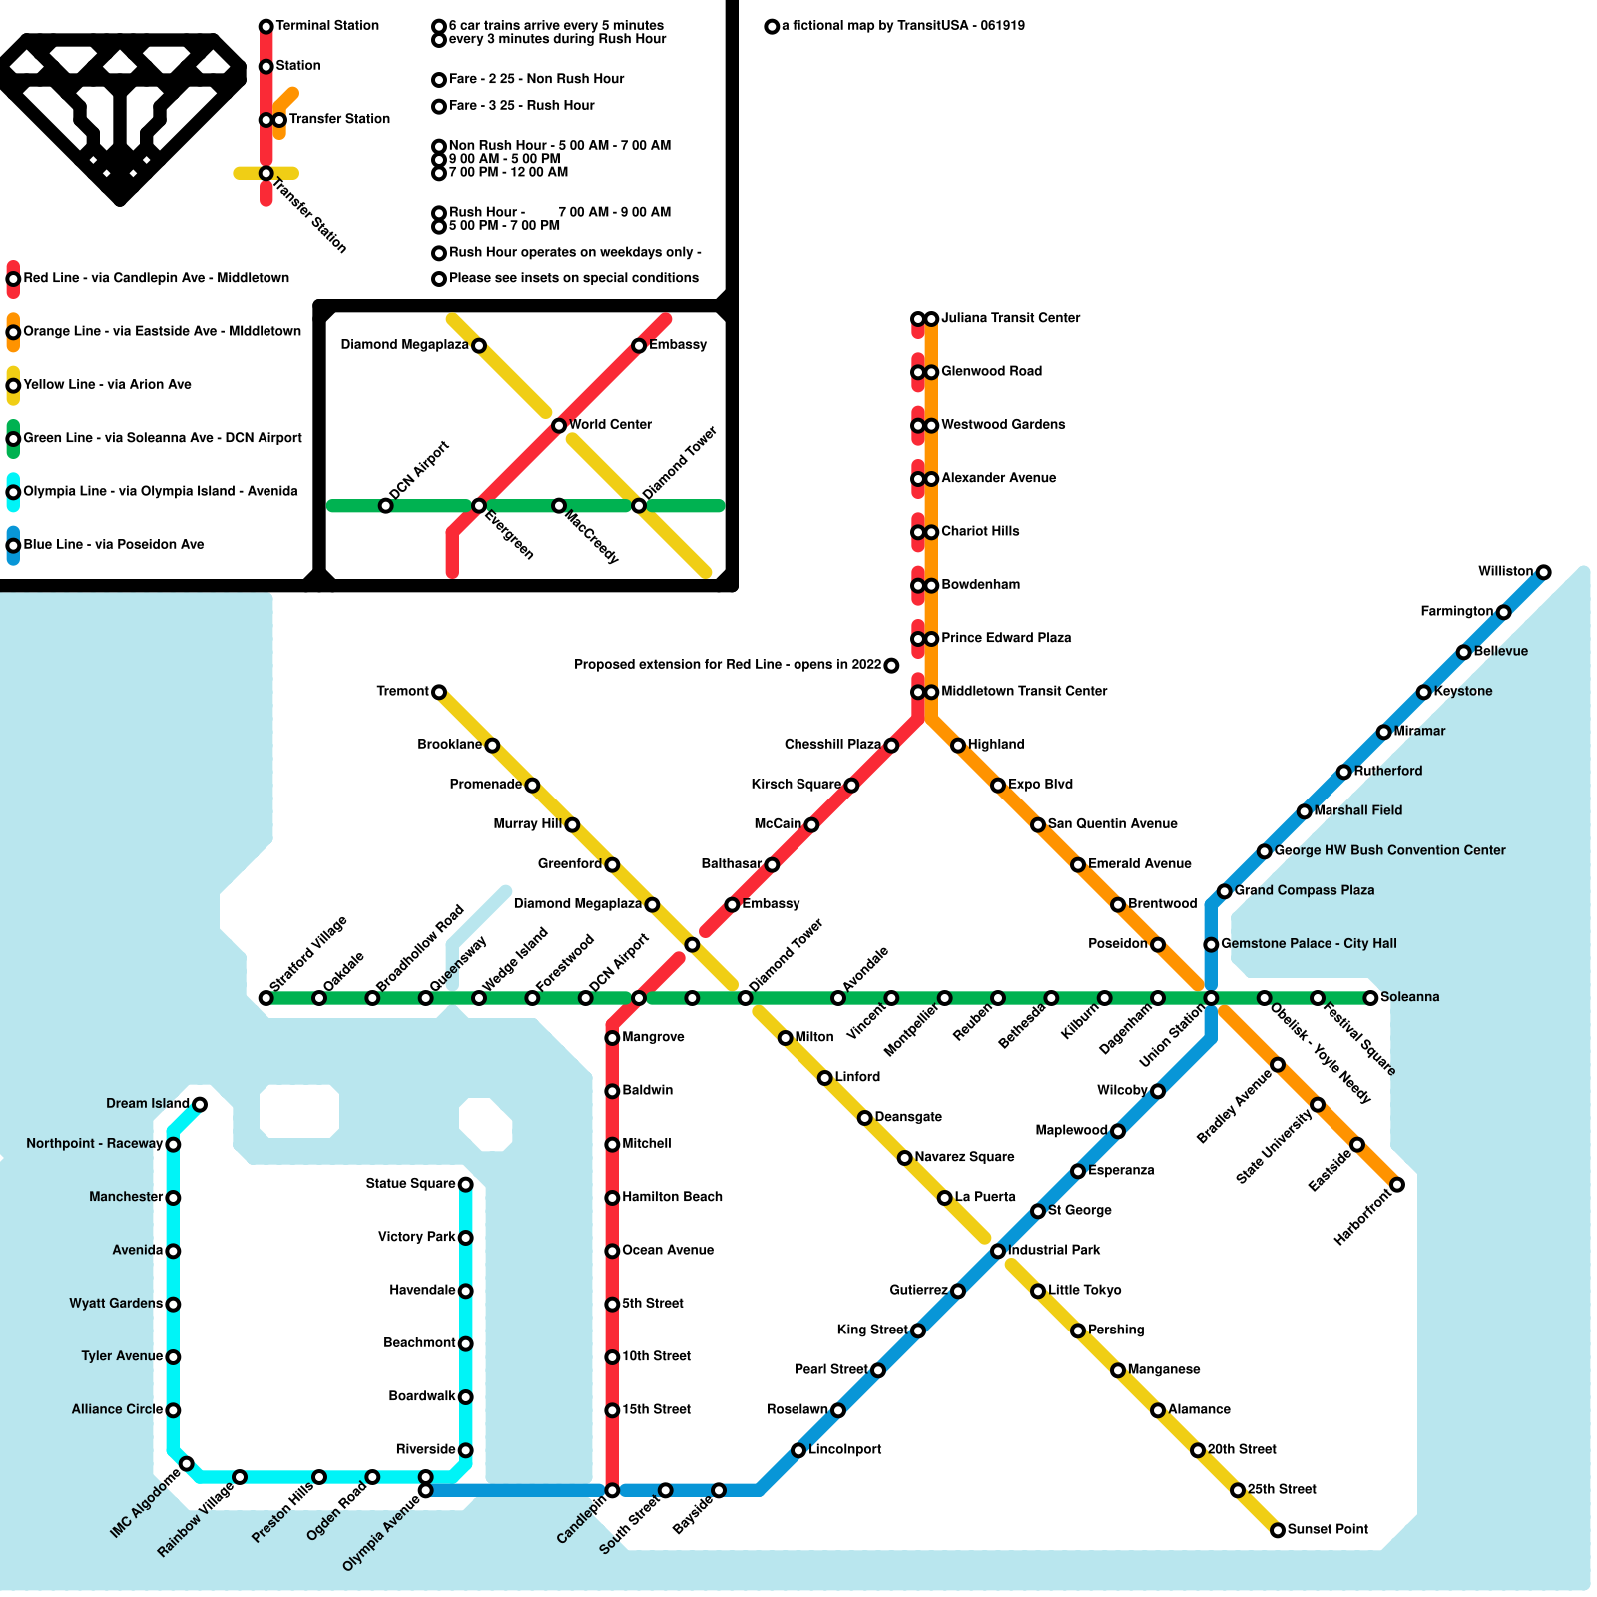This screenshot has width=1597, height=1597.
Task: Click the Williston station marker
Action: tap(1543, 572)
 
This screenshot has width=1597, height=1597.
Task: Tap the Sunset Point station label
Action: tap(1328, 1529)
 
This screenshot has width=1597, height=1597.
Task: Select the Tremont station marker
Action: tap(439, 692)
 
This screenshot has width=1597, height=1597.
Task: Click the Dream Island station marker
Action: tap(200, 1104)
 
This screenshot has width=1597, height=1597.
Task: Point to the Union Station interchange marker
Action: tap(1211, 998)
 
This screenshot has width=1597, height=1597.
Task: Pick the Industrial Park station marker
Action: tap(998, 1251)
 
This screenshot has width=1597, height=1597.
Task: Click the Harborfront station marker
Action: tap(1397, 1185)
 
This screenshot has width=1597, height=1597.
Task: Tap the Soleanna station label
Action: tap(1409, 997)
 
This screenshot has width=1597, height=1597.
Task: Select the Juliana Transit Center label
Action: tap(1010, 318)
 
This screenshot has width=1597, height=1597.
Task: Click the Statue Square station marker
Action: tap(465, 1185)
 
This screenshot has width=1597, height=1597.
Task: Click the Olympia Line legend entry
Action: tap(160, 491)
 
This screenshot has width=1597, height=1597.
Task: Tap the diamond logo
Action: tap(120, 115)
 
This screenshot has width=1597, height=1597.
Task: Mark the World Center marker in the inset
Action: tap(559, 426)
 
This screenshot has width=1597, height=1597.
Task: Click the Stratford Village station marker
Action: tap(266, 998)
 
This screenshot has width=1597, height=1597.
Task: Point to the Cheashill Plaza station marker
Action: tap(891, 746)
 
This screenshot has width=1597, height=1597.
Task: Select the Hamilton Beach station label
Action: tap(672, 1197)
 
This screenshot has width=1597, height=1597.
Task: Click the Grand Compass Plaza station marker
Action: tap(1224, 891)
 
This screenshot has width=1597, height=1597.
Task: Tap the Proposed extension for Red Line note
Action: tap(728, 665)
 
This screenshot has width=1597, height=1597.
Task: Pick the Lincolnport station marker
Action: tap(798, 1450)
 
